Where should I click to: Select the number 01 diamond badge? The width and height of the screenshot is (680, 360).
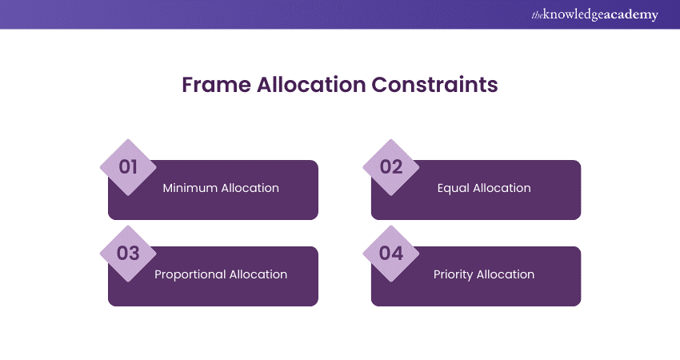128,167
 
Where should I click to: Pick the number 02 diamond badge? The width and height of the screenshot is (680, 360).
391,167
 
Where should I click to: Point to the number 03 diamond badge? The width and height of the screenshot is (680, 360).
128,254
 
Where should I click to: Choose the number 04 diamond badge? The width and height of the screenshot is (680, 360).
391,254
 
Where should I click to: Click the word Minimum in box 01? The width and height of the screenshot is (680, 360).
190,189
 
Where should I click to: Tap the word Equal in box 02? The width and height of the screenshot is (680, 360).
453,189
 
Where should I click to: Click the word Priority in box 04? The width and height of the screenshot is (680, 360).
454,274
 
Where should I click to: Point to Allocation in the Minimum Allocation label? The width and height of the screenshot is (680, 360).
250,189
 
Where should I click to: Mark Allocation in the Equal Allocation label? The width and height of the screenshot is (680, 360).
501,189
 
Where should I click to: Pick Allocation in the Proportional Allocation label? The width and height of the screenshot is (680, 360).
258,274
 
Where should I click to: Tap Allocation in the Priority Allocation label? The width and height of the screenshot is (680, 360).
506,274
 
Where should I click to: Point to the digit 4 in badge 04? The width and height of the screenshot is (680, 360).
398,254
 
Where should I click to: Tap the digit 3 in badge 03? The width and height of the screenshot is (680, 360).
134,254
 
